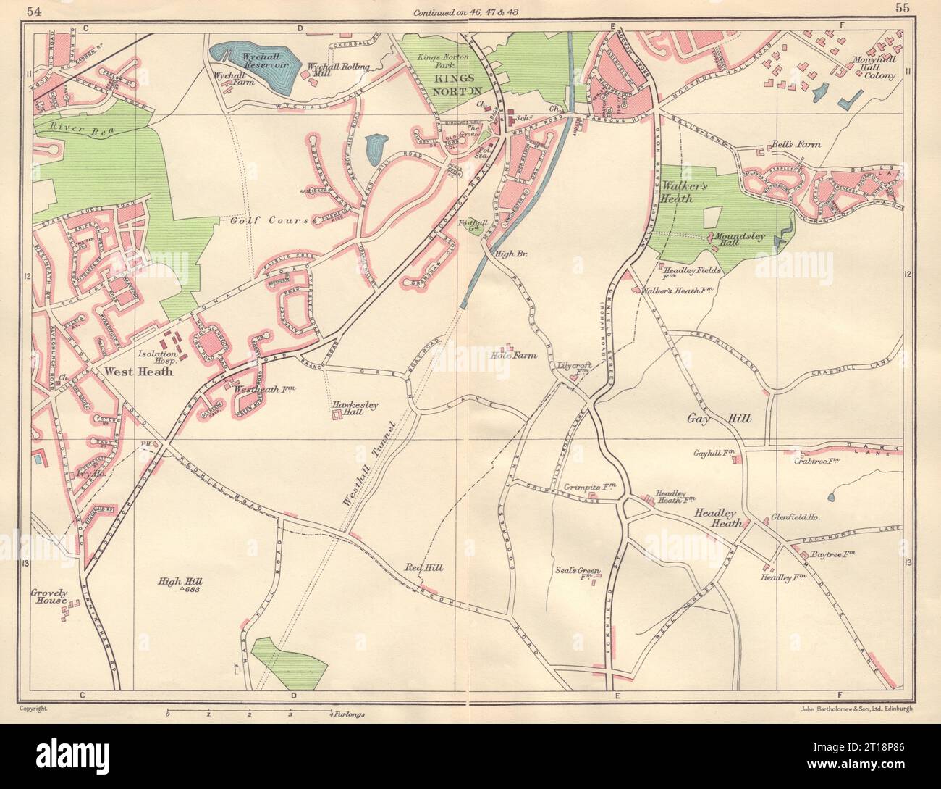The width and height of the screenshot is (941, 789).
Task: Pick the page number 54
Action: [x=33, y=9]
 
